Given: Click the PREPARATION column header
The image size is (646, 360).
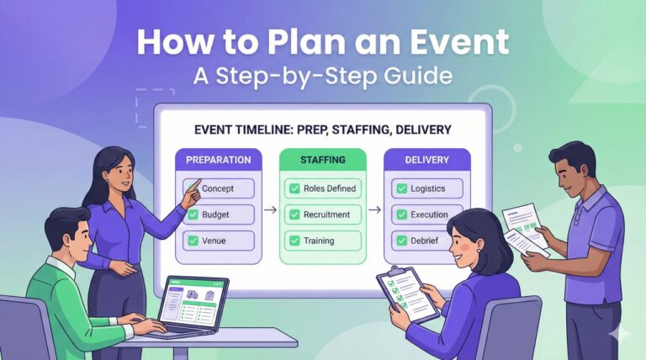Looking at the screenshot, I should (218, 159).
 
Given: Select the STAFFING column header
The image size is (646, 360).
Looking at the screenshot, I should (323, 159).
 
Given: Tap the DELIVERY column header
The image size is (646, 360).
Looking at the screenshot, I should (426, 159).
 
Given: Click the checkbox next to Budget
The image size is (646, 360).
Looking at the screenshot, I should (193, 214).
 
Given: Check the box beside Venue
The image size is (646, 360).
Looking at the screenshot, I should (193, 241).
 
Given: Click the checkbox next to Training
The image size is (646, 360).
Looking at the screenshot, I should (293, 241).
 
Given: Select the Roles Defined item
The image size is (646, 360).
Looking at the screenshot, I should (323, 188).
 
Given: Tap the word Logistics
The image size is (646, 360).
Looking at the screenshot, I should (428, 188).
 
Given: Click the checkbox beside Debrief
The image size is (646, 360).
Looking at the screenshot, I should (398, 241).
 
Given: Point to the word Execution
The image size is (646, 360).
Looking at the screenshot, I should (430, 214).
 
